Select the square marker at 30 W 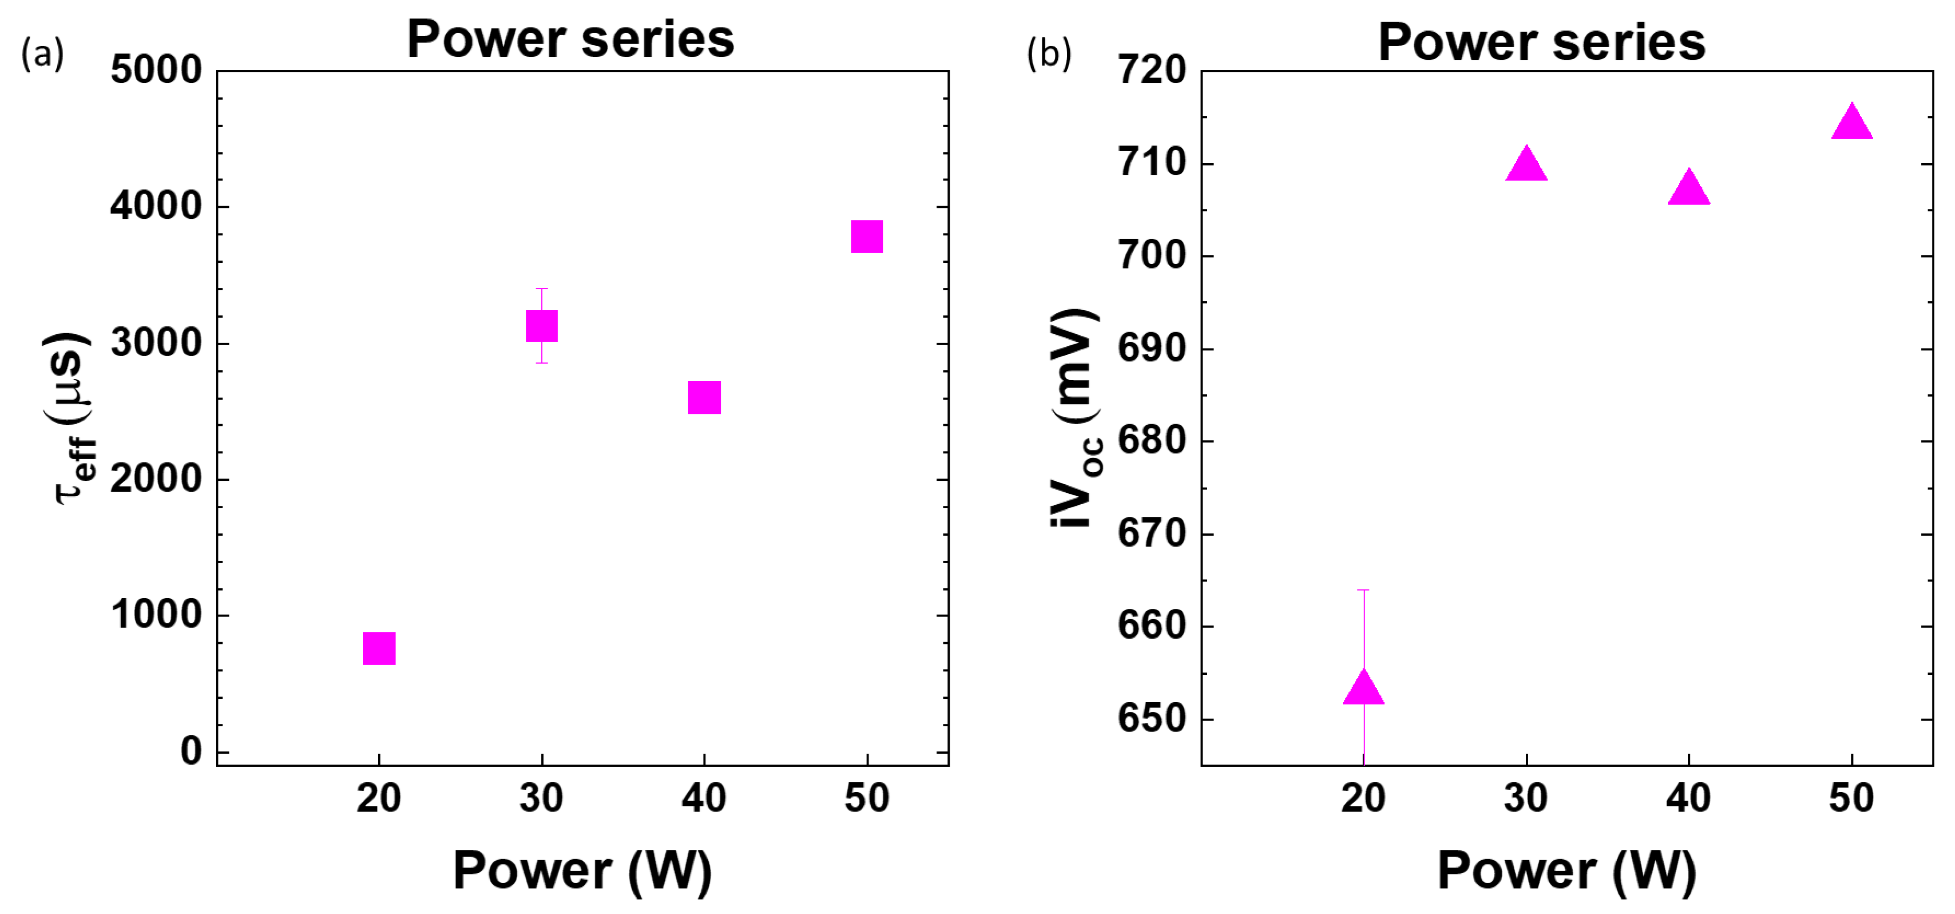542,326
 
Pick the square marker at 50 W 867,237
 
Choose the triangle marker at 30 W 1526,165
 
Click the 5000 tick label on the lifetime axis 156,71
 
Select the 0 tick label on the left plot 191,751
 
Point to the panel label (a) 42,55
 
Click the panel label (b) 1049,55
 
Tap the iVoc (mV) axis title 1076,417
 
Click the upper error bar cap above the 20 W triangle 1364,590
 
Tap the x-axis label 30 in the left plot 541,798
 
